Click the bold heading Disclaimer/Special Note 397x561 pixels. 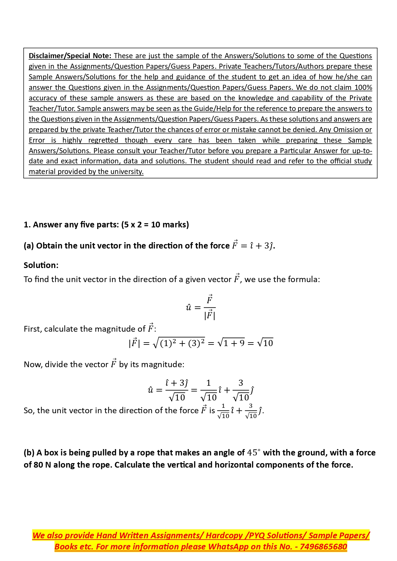coord(70,56)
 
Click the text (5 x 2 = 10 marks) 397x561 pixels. coord(155,225)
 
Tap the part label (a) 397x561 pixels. coord(29,246)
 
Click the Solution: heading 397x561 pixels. coord(41,265)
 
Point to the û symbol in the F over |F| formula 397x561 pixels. coord(188,308)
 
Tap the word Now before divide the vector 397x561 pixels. coord(33,364)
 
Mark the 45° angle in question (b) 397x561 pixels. coord(254,453)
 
